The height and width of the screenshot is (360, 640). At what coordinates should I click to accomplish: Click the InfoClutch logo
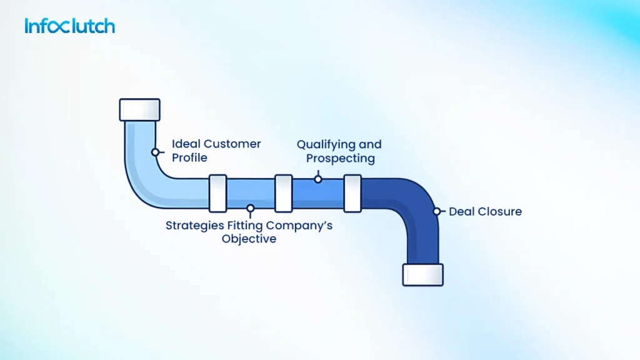coord(69,26)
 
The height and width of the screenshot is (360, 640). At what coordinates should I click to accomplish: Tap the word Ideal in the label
coord(185,144)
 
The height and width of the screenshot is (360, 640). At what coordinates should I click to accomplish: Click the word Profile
coord(190,158)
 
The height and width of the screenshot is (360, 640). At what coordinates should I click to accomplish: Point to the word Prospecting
coord(341,158)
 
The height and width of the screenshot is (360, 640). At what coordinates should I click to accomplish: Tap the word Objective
coord(249,239)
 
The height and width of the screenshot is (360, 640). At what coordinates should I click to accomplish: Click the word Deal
coord(461,211)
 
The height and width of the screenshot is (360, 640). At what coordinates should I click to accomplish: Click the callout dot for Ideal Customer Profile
coord(154,152)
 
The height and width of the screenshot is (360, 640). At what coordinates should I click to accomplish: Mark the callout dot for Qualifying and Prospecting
coord(317,179)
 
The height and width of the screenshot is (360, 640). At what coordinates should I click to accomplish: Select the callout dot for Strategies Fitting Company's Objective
coord(250,208)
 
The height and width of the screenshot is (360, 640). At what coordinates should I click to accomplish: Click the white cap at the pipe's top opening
coord(139,109)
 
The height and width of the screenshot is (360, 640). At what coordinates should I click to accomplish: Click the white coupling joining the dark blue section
coord(352,193)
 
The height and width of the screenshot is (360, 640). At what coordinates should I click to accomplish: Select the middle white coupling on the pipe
coord(283,193)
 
